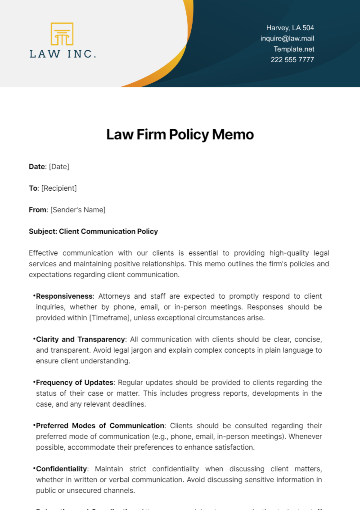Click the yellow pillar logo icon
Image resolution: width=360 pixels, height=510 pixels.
(62, 34)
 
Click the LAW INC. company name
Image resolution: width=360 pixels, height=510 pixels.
(63, 54)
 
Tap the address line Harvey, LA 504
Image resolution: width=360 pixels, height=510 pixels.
(290, 28)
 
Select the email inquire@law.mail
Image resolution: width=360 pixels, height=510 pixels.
(287, 38)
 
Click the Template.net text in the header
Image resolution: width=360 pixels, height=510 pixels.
(294, 49)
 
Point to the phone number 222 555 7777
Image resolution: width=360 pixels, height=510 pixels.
(292, 60)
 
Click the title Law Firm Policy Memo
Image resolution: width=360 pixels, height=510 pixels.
(180, 134)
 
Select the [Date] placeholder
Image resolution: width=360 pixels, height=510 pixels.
(59, 167)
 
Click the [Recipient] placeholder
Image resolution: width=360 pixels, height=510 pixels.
(59, 188)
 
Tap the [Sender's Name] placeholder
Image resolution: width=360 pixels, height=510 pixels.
(78, 210)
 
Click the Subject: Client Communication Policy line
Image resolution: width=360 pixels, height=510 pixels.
(93, 231)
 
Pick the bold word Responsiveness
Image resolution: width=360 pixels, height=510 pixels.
(64, 296)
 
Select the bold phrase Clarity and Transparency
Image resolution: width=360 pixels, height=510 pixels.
(80, 339)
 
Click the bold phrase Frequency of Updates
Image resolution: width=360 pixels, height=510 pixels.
(75, 383)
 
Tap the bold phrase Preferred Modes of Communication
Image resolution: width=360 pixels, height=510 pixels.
(100, 426)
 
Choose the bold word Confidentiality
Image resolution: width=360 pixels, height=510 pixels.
(61, 469)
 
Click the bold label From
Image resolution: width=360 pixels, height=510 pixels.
(37, 210)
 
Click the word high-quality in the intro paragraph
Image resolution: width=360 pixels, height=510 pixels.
(289, 253)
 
